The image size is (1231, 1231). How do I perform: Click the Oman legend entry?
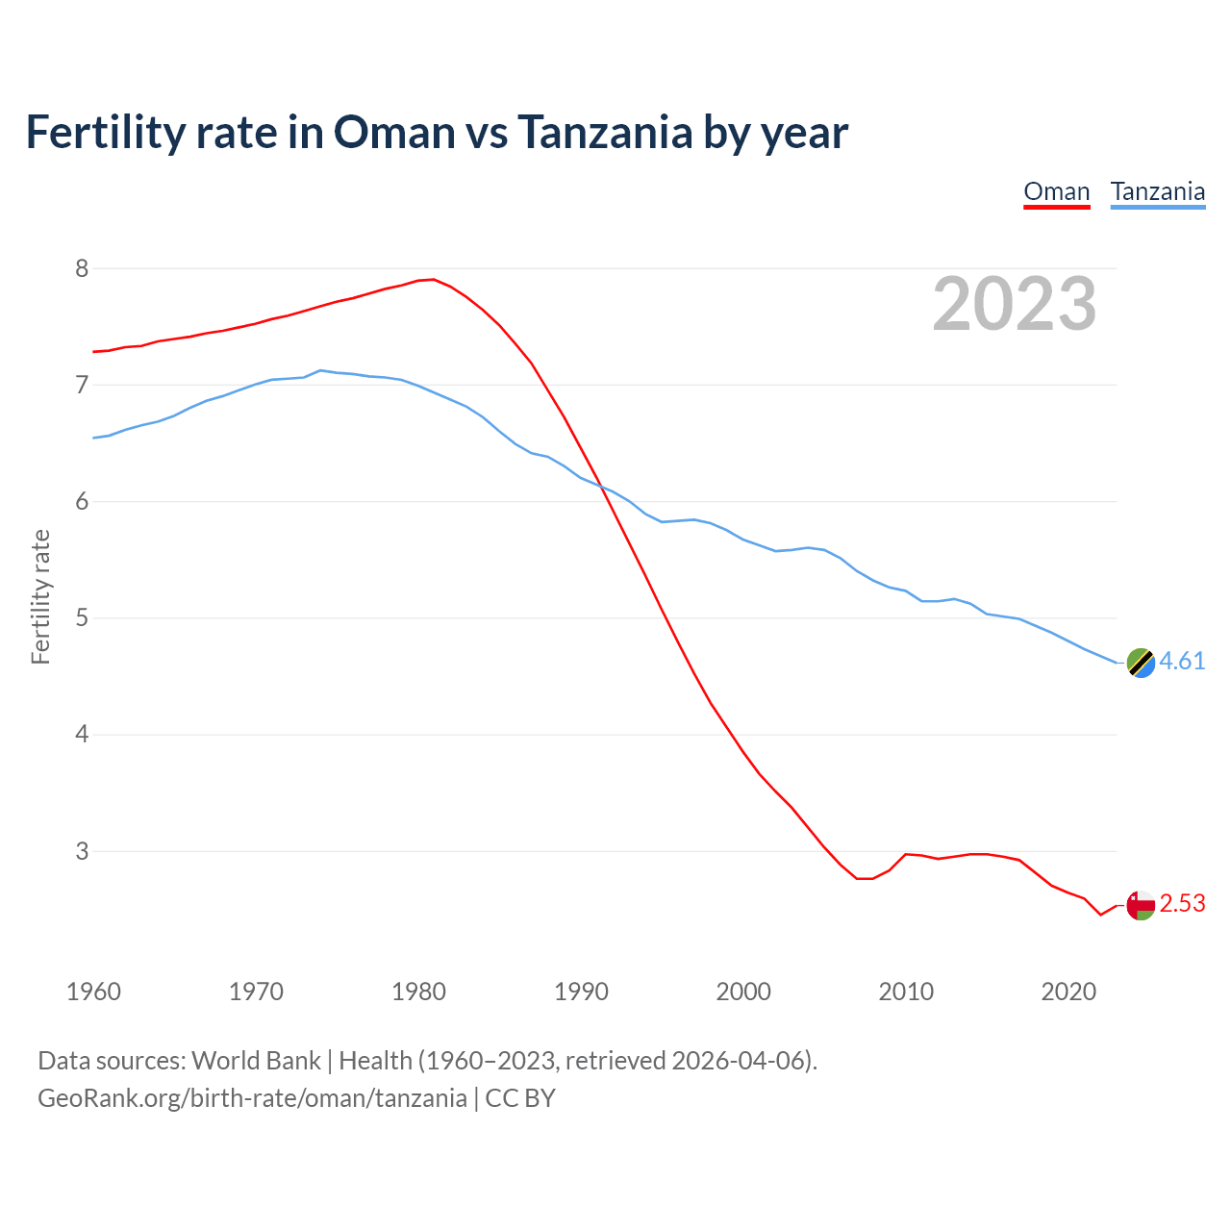(1056, 192)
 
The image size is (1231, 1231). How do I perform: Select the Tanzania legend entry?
(1157, 192)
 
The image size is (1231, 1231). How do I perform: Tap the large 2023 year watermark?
(1015, 304)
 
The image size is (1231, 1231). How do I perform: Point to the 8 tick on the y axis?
(82, 268)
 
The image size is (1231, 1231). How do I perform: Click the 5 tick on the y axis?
(82, 617)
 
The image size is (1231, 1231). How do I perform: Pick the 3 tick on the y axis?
(82, 851)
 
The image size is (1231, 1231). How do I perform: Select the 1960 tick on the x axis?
(93, 992)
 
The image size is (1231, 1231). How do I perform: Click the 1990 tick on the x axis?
(581, 992)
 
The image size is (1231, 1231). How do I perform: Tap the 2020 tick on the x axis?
(1068, 992)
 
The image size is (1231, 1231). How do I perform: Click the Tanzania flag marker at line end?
(1141, 663)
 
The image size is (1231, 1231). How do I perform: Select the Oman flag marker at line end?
(1141, 905)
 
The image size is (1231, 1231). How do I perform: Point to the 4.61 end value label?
(1182, 662)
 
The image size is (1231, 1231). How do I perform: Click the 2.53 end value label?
(1182, 904)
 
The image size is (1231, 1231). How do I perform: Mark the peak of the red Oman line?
(433, 280)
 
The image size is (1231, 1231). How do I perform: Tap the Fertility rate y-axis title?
(40, 596)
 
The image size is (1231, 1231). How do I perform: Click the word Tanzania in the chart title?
(605, 133)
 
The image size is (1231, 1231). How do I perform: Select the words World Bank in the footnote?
(256, 1061)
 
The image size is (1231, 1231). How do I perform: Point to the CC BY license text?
(520, 1098)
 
